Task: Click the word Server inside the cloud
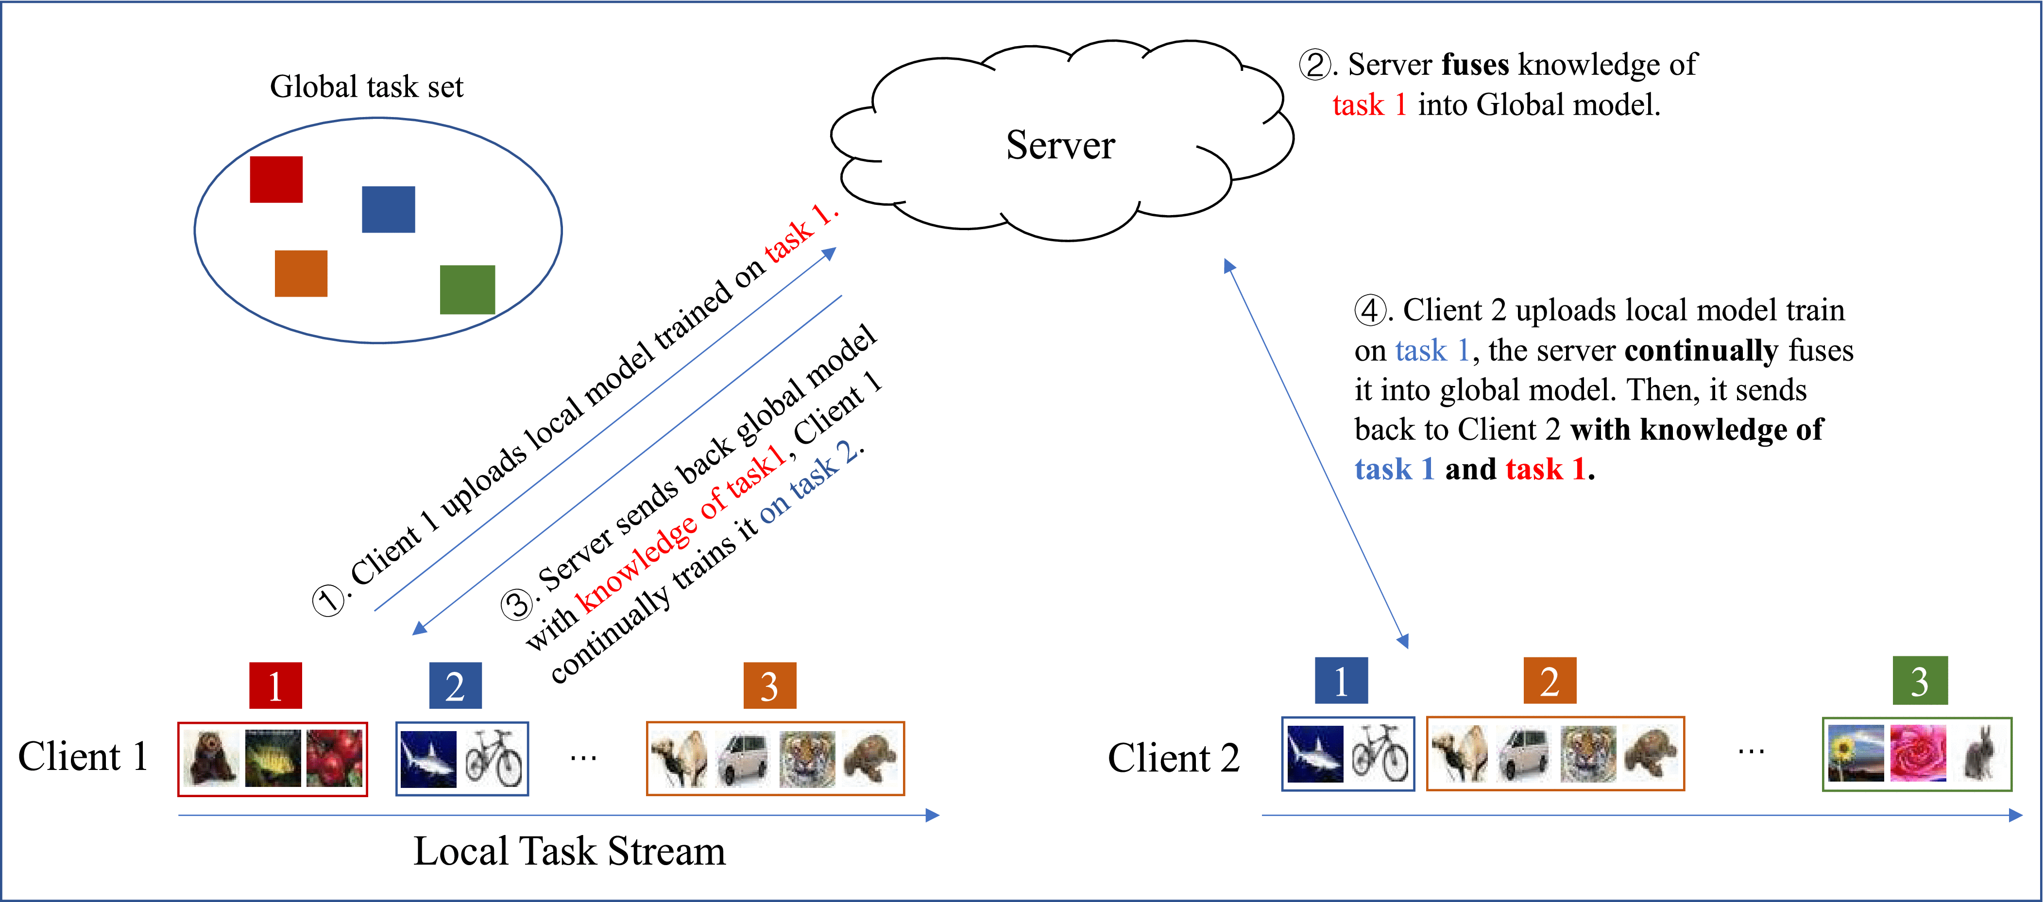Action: click(1060, 145)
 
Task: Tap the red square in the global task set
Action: click(276, 179)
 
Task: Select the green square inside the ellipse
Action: click(467, 289)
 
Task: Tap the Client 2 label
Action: click(1173, 758)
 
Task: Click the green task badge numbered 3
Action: click(1920, 681)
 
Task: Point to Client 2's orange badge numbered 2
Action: click(1549, 681)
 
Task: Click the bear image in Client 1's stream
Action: click(212, 758)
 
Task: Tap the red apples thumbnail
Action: click(335, 758)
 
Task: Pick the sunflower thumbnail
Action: click(1856, 753)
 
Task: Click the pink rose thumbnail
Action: click(1918, 753)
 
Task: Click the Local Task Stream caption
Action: click(569, 851)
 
